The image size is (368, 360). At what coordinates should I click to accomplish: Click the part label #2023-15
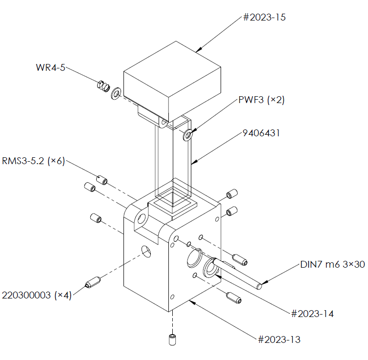point(264,18)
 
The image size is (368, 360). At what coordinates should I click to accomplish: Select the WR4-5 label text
point(50,67)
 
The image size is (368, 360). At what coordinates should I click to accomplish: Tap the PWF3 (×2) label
point(262,100)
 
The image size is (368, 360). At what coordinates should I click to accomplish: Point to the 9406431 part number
point(261,133)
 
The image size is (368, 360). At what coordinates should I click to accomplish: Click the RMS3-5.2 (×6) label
point(33,161)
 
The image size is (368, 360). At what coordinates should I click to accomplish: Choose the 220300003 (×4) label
point(37,295)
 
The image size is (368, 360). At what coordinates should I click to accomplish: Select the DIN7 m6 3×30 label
point(332,264)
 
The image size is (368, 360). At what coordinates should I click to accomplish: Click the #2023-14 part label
point(312,314)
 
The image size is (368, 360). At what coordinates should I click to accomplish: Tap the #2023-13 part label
point(279,339)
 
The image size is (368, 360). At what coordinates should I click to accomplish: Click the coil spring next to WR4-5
point(103,85)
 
